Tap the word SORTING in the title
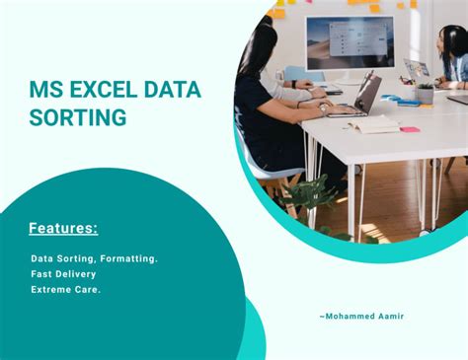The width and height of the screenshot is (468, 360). point(78,118)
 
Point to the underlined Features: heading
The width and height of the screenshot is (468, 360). point(63,229)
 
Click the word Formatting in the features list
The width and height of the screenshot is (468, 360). point(121,257)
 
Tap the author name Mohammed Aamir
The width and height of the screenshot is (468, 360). point(361,316)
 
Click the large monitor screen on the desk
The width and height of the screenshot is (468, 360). point(349,42)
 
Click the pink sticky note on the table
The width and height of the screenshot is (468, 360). point(409,129)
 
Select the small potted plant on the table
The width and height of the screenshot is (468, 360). point(425,93)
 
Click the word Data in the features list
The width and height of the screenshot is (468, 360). point(42,257)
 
